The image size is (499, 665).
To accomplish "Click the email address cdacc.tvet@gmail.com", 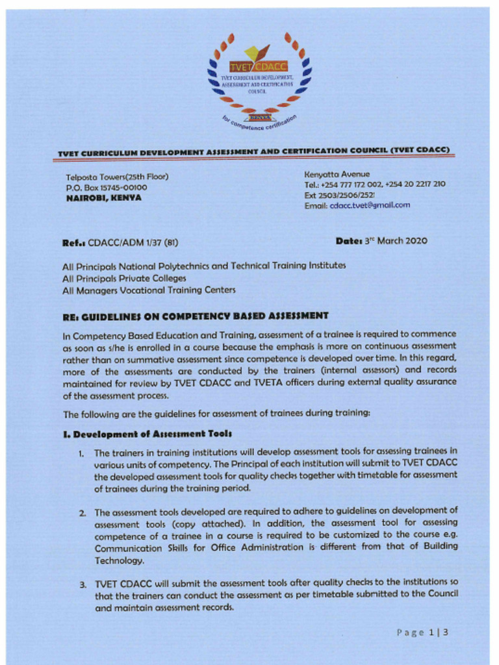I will tap(370, 205).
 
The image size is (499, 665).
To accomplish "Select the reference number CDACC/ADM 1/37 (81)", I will tap(133, 243).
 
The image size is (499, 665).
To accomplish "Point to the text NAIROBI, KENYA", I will tap(103, 198).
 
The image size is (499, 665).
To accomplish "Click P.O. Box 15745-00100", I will tap(107, 188).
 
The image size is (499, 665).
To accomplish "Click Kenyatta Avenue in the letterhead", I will tap(337, 174).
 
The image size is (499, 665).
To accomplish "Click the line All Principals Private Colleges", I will tap(124, 278).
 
